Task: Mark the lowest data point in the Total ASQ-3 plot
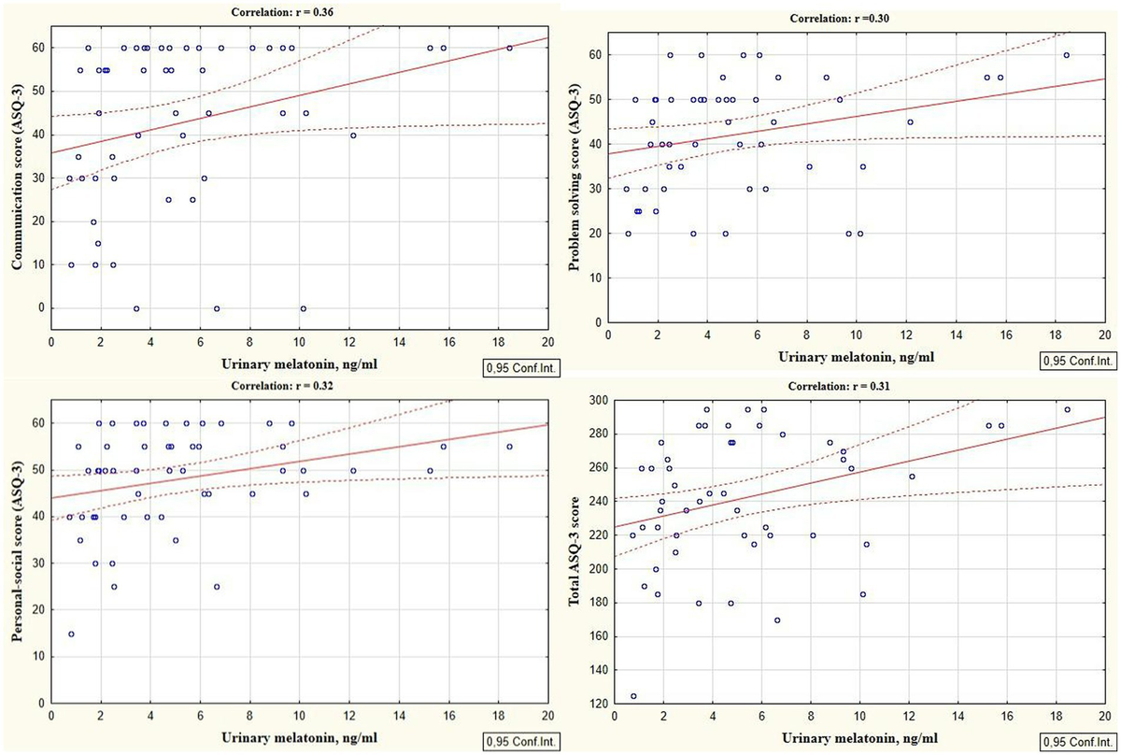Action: (633, 696)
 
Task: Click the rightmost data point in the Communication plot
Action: (509, 48)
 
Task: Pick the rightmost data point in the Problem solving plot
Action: (1066, 55)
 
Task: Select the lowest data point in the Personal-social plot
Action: (71, 634)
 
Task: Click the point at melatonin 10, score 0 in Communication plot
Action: (303, 308)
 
